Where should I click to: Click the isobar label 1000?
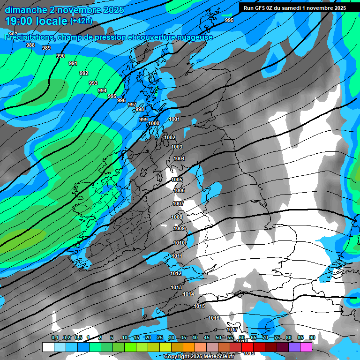pos(154,123)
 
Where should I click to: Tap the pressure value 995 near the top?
pos(229,20)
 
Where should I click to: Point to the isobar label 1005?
pos(177,180)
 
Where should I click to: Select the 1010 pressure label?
pos(179,243)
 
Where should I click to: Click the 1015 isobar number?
pos(199,306)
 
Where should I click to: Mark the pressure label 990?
pos(60,56)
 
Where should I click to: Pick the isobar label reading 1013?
pos(176,287)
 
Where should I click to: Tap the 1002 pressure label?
pos(170,137)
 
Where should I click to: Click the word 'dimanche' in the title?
pos(26,10)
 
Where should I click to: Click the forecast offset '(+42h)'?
pos(81,21)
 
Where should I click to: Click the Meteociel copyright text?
pos(199,357)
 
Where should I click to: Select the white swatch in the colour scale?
pos(48,347)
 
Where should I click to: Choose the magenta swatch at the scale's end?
pos(306,347)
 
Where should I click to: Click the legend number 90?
pos(312,337)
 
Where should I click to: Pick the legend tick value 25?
pos(159,337)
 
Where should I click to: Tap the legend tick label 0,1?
pos(55,337)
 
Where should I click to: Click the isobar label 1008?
pos(177,217)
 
